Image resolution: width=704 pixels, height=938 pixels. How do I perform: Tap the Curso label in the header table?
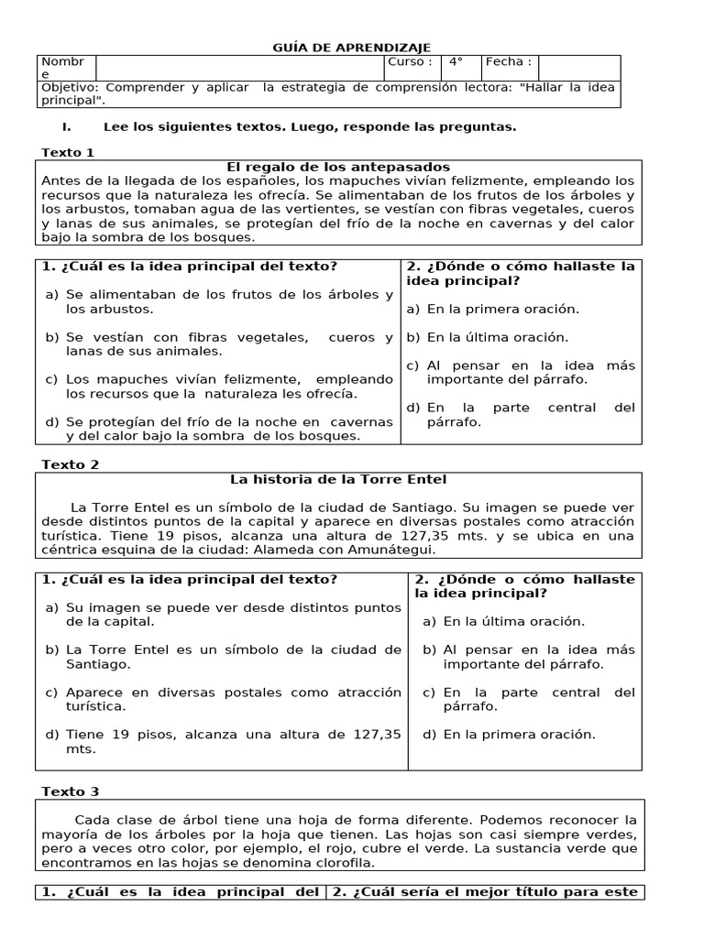[x=410, y=62]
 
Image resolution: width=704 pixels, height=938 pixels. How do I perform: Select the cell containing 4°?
[x=456, y=62]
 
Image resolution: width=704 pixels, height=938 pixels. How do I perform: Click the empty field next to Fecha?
[x=579, y=66]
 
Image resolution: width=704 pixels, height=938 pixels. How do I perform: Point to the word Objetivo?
[x=70, y=87]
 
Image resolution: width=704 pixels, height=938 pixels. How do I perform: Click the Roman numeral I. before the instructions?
[x=66, y=126]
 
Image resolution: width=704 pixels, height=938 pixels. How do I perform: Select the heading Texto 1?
[x=68, y=152]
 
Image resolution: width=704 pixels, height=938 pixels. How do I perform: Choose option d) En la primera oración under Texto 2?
[x=510, y=734]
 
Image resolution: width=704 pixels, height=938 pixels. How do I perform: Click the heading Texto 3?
[x=70, y=791]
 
